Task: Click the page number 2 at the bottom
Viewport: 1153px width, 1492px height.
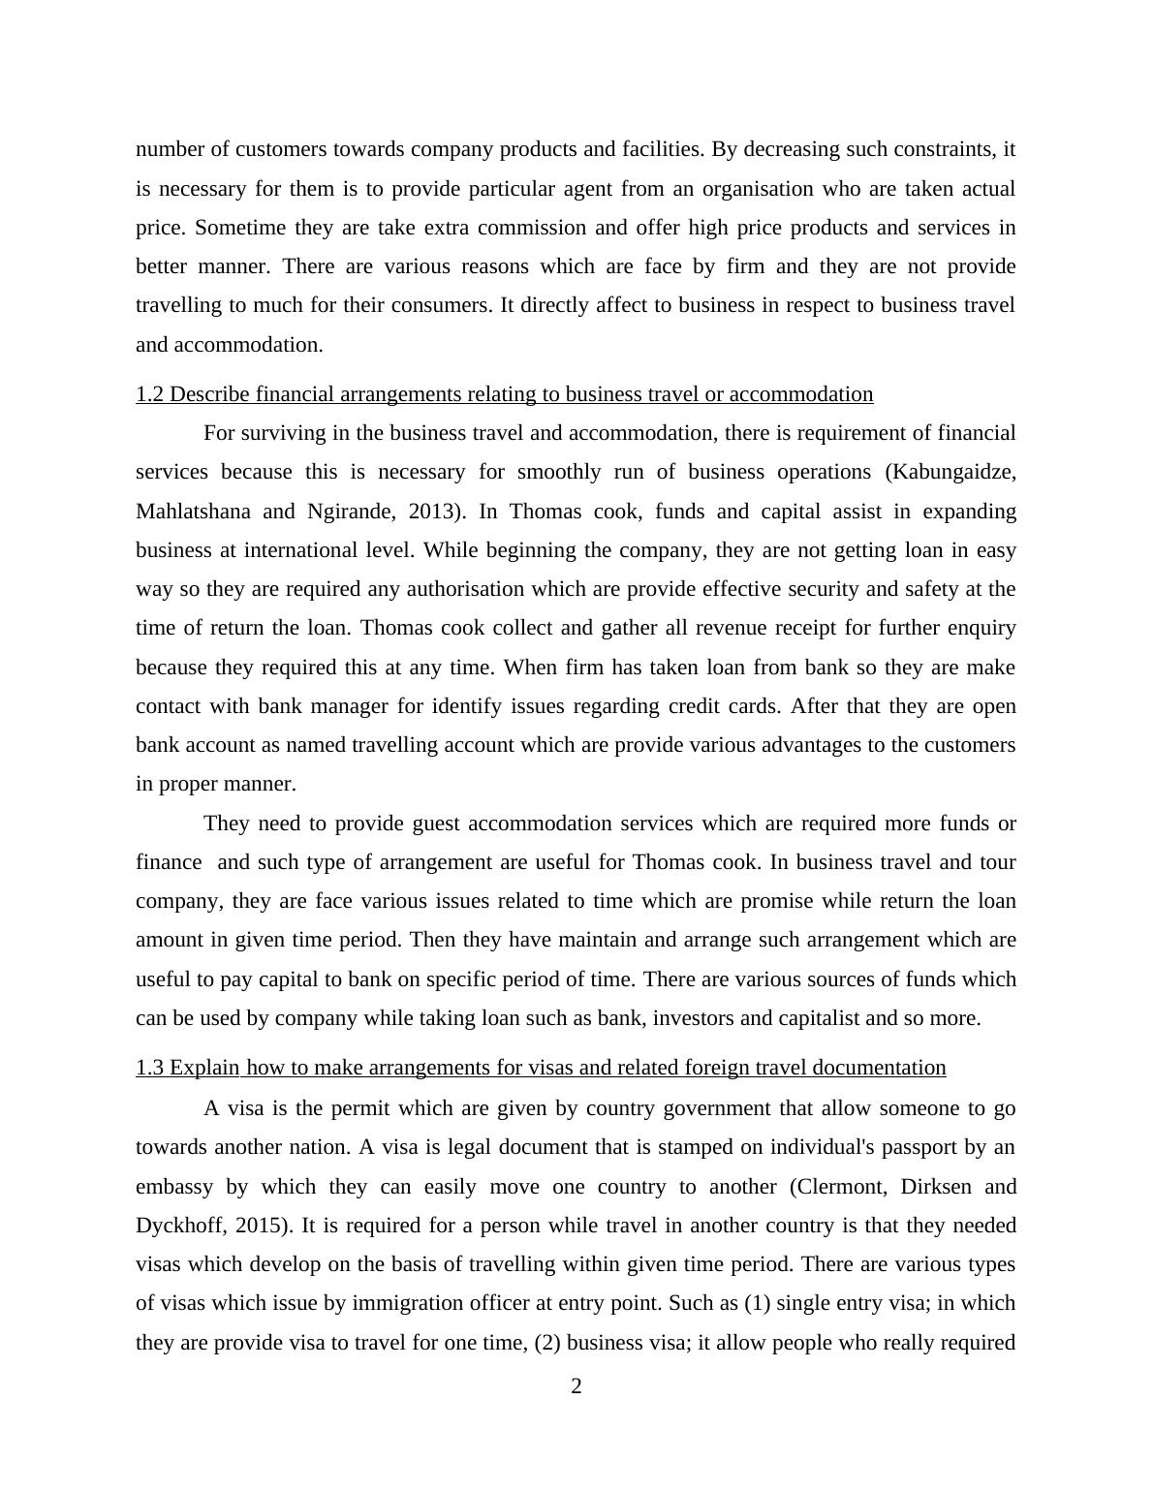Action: (x=576, y=1386)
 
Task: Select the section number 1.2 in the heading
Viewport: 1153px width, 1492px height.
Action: (x=149, y=394)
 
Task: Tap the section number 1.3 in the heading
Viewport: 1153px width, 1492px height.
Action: (x=149, y=1068)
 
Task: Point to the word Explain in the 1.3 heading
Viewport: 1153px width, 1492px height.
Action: (x=204, y=1068)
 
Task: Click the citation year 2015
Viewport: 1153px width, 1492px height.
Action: (x=260, y=1226)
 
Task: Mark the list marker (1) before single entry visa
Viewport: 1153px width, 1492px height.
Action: (x=757, y=1304)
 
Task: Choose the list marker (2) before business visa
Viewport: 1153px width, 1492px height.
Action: (x=548, y=1343)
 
